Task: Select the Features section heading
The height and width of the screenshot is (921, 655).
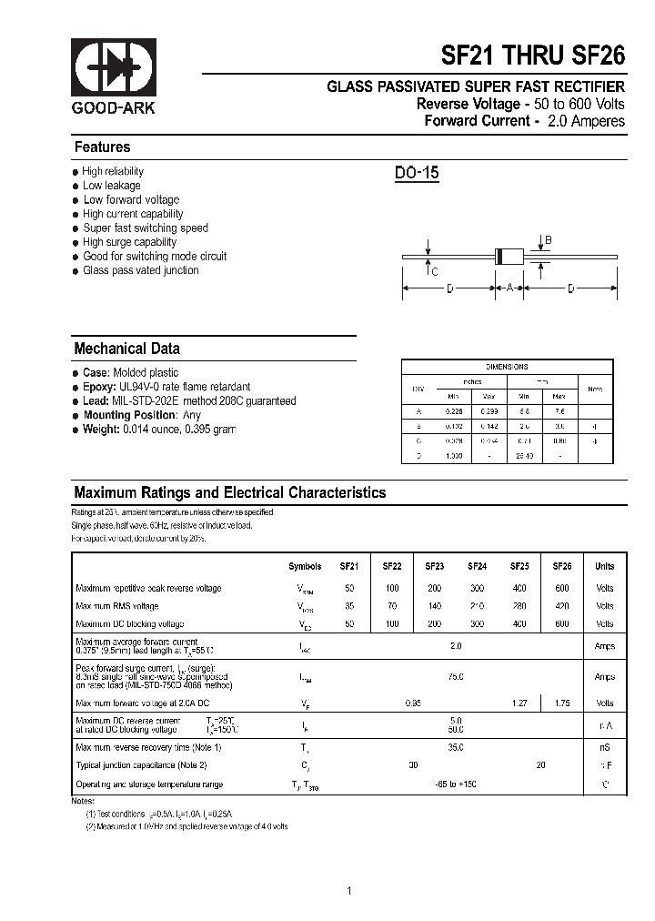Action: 102,147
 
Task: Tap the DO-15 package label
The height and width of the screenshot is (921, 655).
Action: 417,173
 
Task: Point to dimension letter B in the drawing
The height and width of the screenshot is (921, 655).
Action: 549,240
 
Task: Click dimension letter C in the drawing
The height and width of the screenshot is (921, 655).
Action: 435,271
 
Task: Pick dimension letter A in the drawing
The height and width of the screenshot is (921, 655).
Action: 509,288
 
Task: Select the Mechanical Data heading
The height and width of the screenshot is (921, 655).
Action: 126,349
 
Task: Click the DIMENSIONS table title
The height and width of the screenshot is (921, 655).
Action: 507,367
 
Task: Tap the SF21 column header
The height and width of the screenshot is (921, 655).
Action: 349,566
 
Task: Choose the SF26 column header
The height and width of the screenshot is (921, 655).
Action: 562,566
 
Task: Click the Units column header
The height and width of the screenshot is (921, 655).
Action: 604,566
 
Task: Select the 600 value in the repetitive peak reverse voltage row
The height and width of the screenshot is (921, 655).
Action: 562,589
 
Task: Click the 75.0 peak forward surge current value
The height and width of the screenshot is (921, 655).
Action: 456,677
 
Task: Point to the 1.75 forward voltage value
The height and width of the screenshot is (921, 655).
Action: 562,703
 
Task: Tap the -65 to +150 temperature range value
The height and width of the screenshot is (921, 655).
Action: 456,784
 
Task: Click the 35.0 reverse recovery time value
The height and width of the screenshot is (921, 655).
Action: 456,747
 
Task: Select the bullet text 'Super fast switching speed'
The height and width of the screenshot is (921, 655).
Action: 146,228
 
